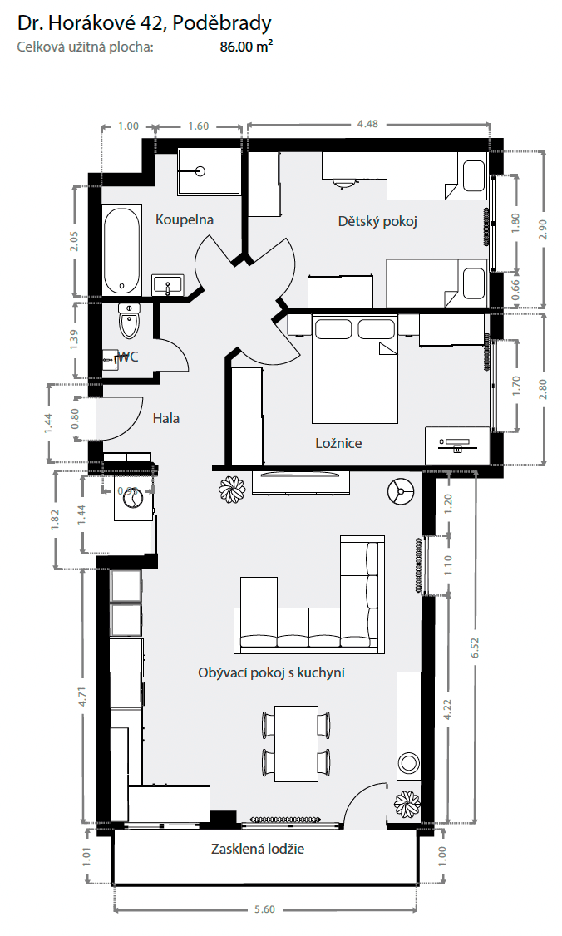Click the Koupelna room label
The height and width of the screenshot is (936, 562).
(x=185, y=220)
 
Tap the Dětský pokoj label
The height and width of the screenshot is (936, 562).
(x=377, y=222)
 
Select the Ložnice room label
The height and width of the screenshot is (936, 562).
(x=338, y=443)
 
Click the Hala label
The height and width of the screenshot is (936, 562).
(x=165, y=418)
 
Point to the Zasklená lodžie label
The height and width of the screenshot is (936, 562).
(x=258, y=850)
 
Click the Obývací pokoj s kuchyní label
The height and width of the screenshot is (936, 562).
(x=272, y=672)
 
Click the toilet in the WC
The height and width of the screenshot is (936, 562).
(x=129, y=322)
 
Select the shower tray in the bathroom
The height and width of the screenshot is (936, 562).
(x=208, y=171)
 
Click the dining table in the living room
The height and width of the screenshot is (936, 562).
(x=296, y=742)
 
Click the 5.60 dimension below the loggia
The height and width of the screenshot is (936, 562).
(x=264, y=909)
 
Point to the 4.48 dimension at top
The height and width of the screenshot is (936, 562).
(x=367, y=124)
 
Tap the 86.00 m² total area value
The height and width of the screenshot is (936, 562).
(x=245, y=47)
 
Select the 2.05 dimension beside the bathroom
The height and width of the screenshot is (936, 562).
(x=75, y=241)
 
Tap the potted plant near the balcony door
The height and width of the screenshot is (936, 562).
(x=407, y=803)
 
